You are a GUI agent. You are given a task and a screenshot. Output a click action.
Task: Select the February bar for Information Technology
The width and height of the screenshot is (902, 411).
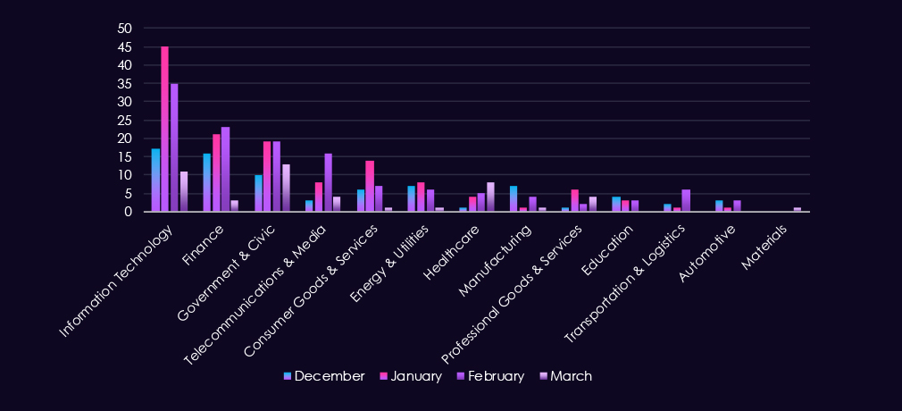point(174,147)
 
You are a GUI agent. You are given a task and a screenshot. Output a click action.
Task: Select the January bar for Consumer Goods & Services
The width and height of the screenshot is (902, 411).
point(370,186)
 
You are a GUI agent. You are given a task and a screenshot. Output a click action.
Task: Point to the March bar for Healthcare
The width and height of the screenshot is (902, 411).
point(490,197)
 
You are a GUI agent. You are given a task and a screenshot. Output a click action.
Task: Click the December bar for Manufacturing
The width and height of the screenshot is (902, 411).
point(514,198)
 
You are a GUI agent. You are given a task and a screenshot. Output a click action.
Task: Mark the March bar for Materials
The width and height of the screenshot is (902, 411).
point(798,209)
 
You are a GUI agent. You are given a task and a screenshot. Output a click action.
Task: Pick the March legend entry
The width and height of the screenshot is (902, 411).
point(564,376)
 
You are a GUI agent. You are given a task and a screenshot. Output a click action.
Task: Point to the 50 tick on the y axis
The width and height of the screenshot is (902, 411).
point(125,29)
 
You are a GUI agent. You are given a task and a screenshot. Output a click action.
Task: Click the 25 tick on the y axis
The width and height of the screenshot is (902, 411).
point(125,120)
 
